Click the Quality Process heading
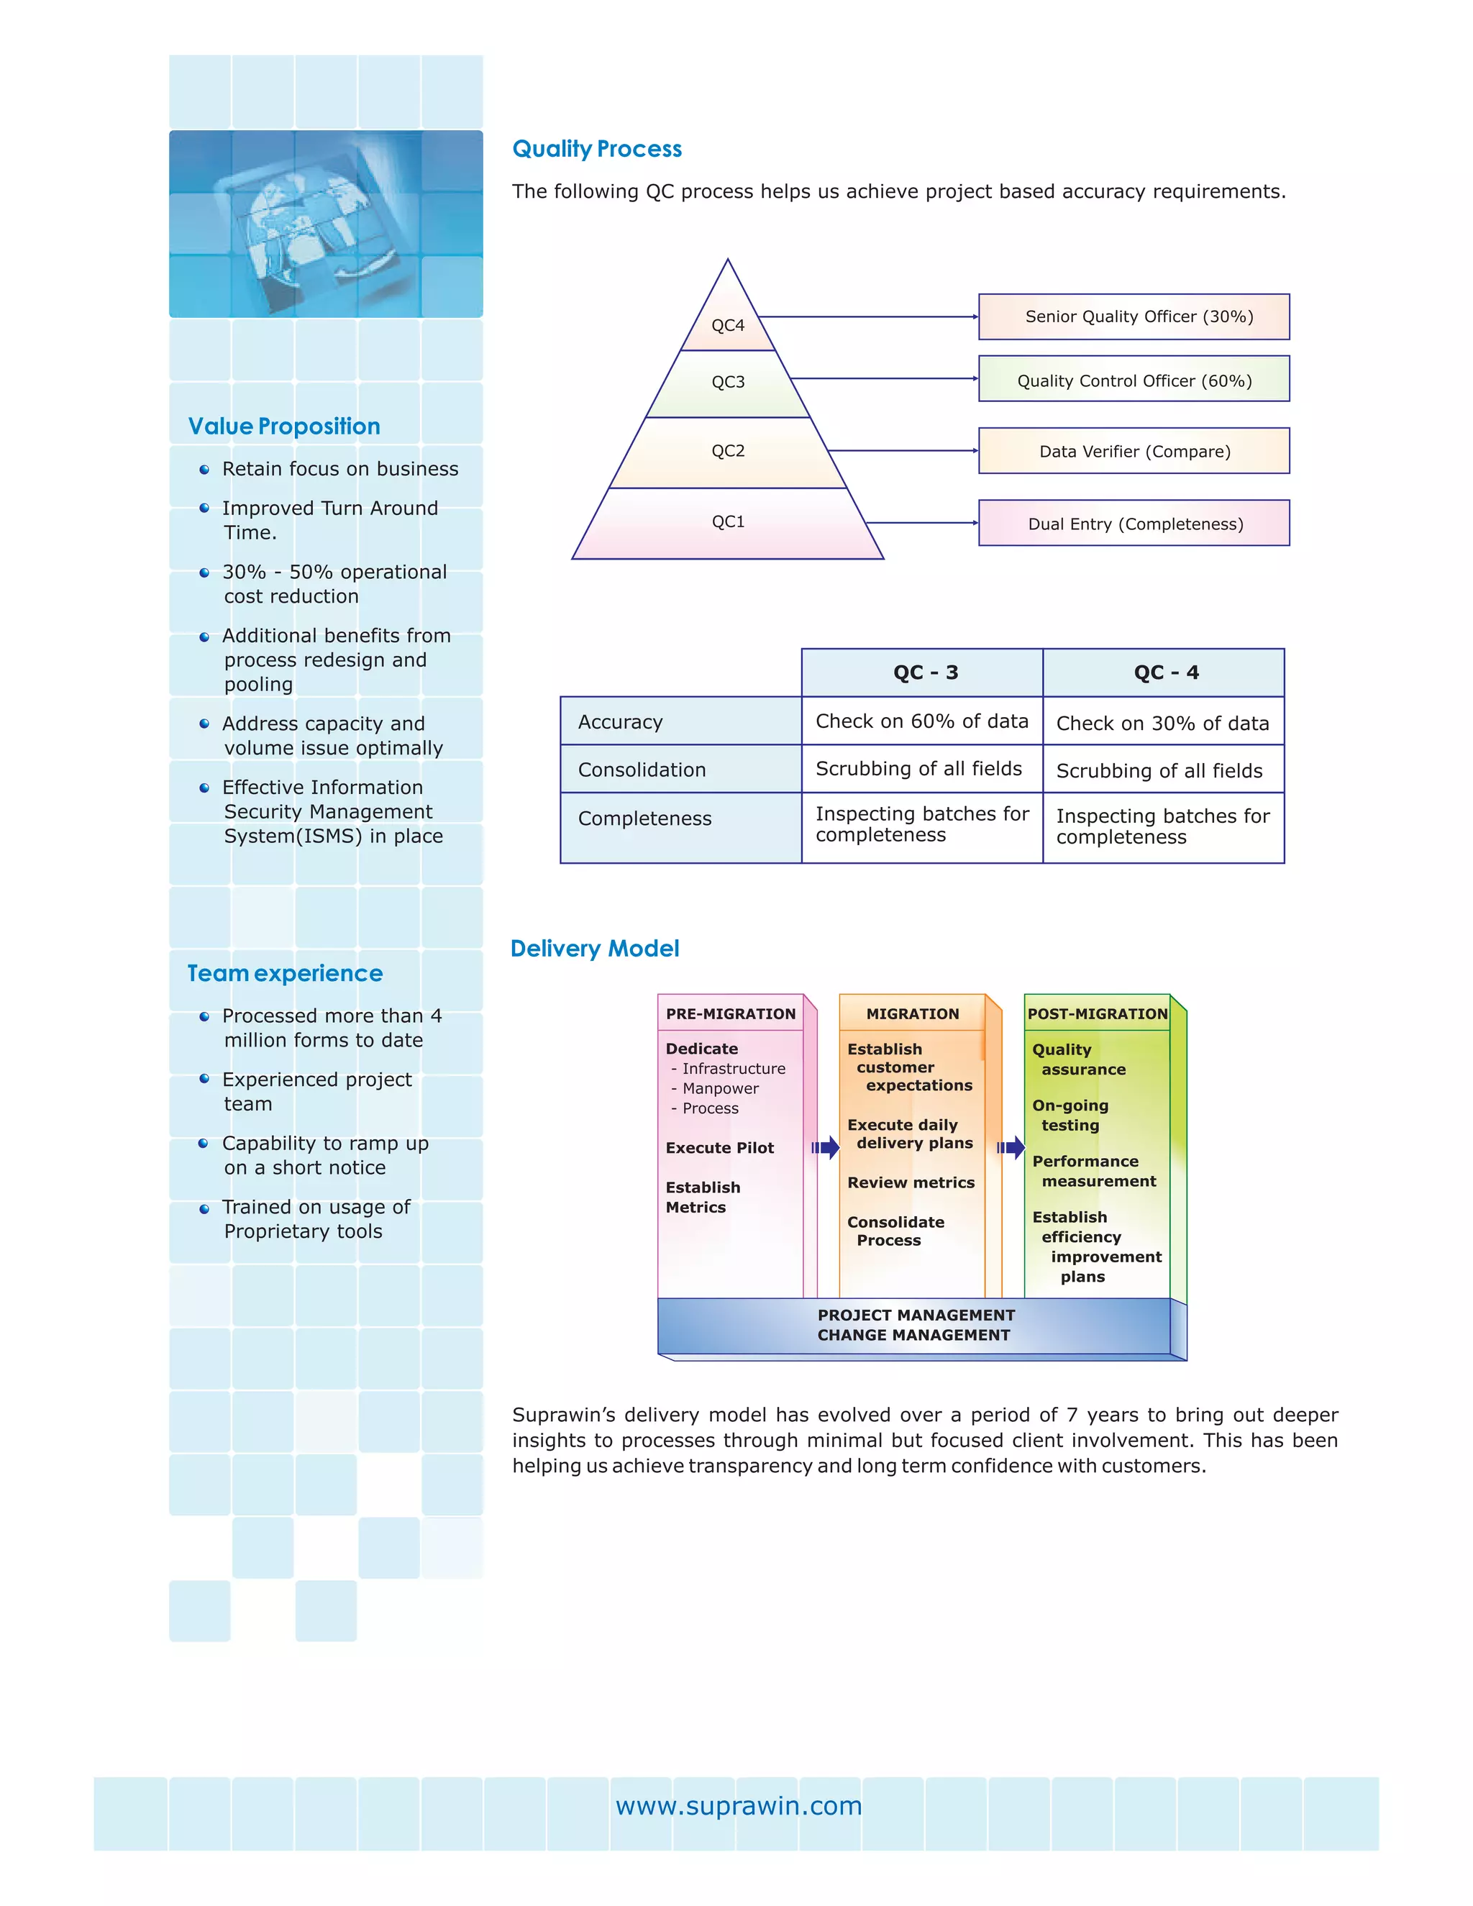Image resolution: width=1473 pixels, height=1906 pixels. click(597, 149)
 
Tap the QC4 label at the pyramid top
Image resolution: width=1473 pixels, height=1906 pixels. click(728, 326)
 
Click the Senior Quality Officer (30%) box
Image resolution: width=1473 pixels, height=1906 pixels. click(1134, 316)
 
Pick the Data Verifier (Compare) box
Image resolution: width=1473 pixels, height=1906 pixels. click(1134, 451)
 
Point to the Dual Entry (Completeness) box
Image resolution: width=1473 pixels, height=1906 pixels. click(1134, 524)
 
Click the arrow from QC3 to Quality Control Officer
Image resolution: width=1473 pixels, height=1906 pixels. click(883, 379)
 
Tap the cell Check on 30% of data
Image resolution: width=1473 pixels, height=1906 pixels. click(1162, 723)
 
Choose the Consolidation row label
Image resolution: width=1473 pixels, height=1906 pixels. click(642, 770)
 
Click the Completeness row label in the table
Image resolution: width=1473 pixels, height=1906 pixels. click(645, 819)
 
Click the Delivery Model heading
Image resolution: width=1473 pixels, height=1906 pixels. click(594, 949)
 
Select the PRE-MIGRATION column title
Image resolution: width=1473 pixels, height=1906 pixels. click(731, 1013)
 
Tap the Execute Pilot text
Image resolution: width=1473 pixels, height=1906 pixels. click(720, 1148)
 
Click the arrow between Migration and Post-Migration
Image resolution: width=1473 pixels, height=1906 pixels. click(1011, 1148)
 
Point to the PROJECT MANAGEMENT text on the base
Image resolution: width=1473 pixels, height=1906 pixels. click(916, 1315)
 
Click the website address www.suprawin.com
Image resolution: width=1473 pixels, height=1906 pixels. click(738, 1805)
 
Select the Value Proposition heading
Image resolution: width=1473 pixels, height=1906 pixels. click(285, 426)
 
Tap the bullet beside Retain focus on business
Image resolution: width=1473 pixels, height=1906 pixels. click(204, 470)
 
